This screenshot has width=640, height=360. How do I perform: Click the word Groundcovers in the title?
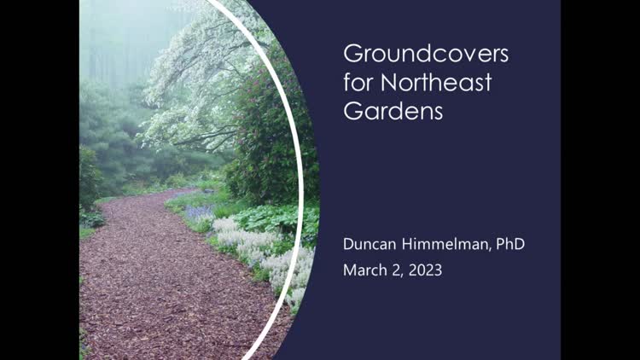[426, 54]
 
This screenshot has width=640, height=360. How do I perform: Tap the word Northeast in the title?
[436, 82]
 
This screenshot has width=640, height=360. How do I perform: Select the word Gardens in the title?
[393, 110]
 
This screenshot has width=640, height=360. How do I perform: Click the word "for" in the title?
[359, 82]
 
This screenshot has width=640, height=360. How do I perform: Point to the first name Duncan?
[369, 244]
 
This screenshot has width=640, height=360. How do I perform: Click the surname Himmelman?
[445, 244]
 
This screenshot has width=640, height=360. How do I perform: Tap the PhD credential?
[510, 244]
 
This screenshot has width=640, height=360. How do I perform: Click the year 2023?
[425, 270]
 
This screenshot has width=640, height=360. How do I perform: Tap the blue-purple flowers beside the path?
[199, 212]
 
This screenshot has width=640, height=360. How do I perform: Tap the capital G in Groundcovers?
[352, 54]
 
